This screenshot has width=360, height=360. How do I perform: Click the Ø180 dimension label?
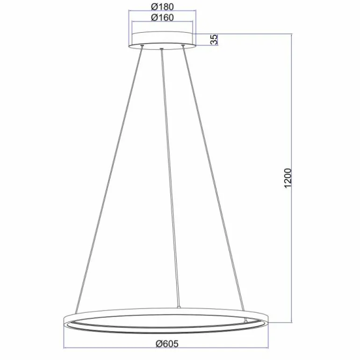163,7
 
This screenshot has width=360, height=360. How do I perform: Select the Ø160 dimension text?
163,18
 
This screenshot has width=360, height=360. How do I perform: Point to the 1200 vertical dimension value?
288,178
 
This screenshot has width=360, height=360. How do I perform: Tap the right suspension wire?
213,178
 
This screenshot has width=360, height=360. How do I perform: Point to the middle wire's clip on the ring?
178,308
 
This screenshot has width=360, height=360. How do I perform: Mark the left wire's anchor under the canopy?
142,46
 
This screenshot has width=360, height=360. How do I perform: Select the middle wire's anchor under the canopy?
161,48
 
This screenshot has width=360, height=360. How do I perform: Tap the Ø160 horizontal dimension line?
163,23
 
